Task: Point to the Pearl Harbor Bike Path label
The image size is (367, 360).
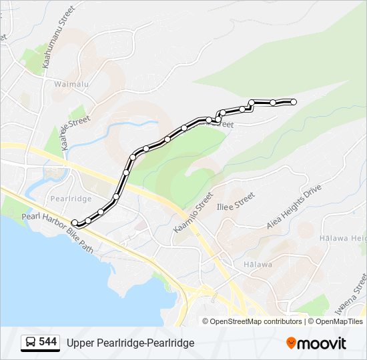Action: point(57,231)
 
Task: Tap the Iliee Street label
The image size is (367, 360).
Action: point(236,201)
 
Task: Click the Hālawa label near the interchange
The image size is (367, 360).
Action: point(258,264)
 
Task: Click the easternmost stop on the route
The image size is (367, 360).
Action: point(294,101)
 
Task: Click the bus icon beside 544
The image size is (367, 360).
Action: point(30,343)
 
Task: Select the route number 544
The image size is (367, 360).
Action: point(47,342)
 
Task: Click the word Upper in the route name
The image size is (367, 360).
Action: point(81,343)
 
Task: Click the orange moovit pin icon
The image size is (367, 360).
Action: point(292,343)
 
